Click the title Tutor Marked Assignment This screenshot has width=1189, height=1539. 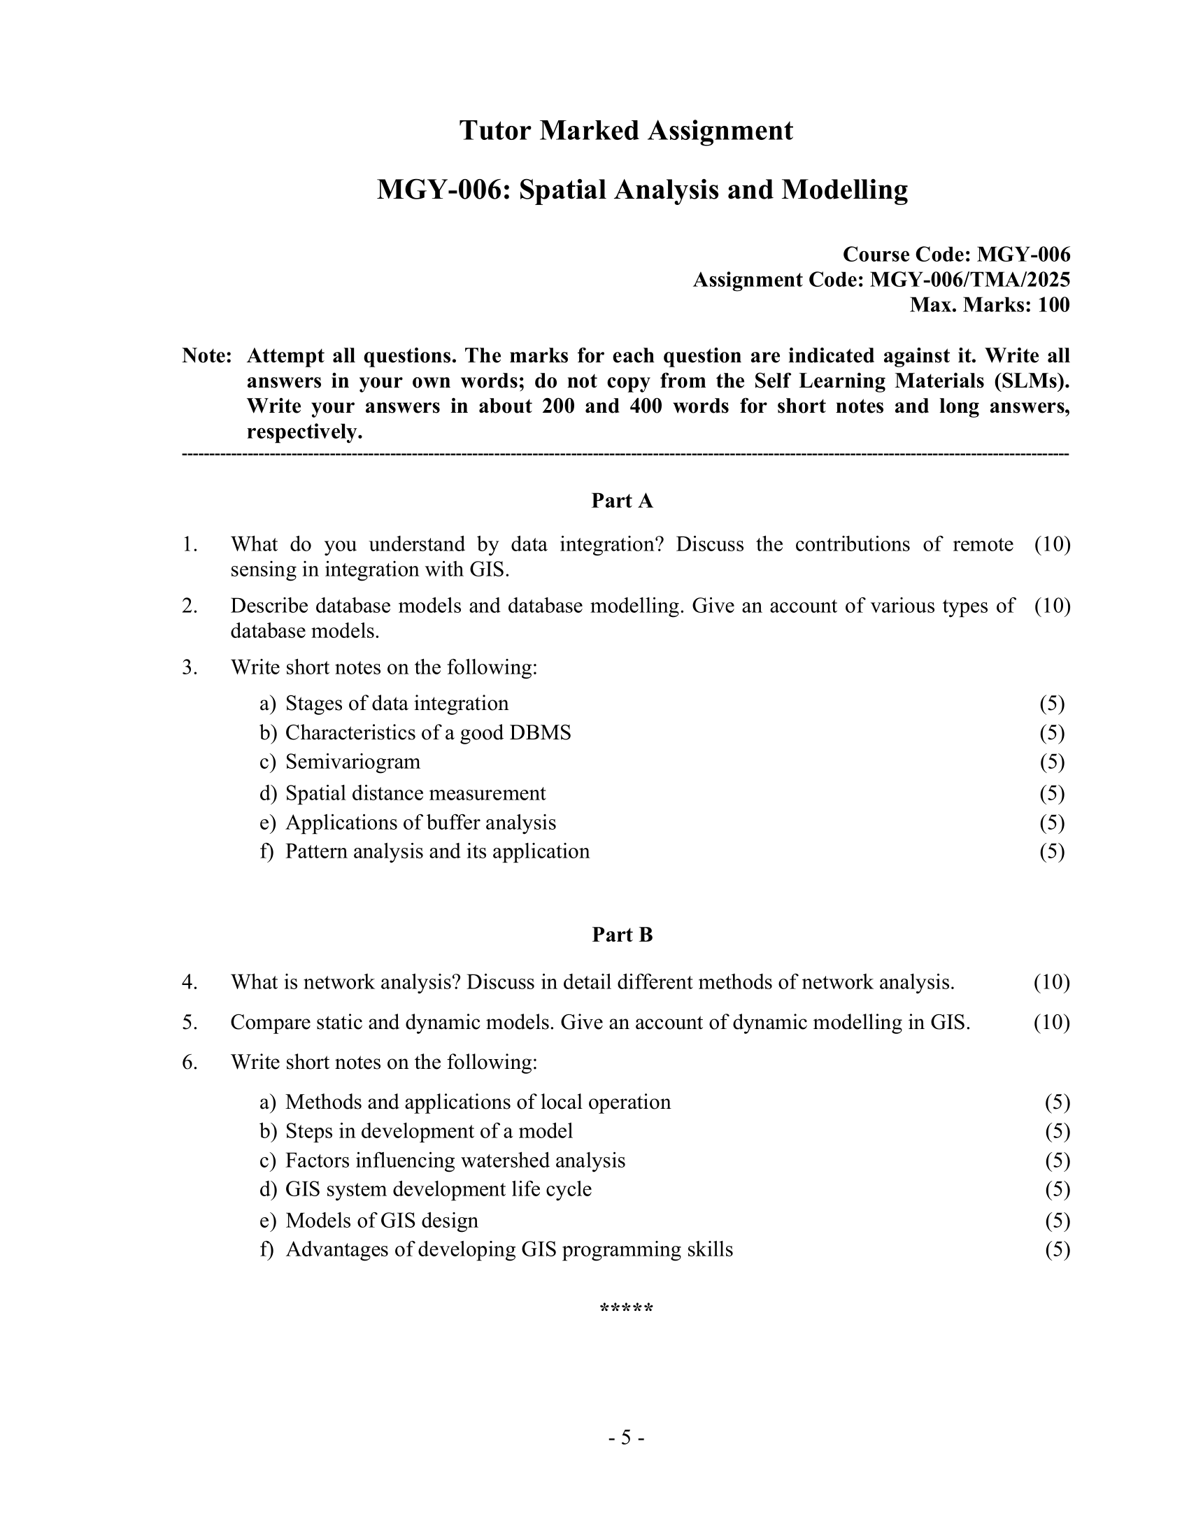point(625,131)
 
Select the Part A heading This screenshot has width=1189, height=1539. point(622,501)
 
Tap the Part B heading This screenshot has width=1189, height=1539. point(622,935)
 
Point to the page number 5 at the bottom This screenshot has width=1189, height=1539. point(626,1437)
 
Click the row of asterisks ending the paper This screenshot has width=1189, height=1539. point(626,1310)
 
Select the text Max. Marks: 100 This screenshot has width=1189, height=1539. point(989,305)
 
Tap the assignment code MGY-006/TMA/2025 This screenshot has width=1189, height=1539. point(969,280)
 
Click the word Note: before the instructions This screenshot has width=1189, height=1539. point(206,356)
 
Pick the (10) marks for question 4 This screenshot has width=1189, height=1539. point(1051,982)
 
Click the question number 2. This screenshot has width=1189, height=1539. point(189,606)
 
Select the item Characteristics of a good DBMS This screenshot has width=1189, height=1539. point(427,733)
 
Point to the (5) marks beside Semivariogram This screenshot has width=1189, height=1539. point(1051,762)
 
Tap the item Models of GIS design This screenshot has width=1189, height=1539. point(381,1221)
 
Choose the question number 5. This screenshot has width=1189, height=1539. point(189,1023)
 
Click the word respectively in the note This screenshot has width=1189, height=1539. point(303,432)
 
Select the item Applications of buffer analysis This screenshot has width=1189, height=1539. point(420,823)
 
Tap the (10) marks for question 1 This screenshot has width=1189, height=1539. point(1052,544)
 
